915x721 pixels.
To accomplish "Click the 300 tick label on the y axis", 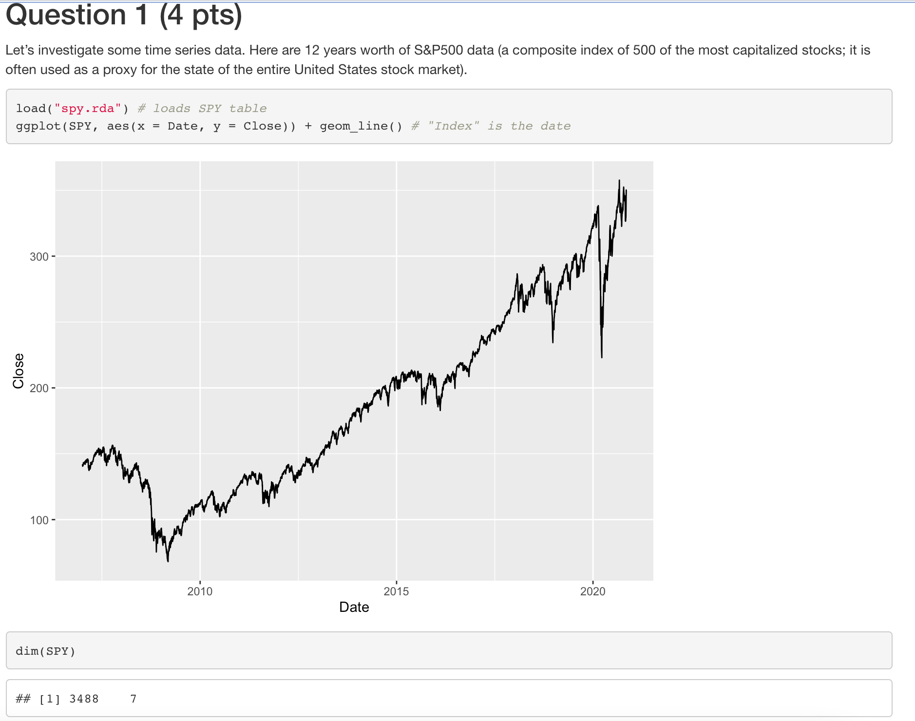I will coord(39,257).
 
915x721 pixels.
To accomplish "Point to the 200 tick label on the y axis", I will coord(39,389).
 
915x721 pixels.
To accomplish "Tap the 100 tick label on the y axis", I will coord(39,520).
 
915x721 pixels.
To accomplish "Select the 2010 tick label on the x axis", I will coord(200,591).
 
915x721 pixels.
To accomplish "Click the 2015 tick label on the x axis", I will coord(396,591).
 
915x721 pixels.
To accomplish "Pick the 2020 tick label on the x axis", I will coord(592,591).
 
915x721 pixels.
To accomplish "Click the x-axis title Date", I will coord(354,607).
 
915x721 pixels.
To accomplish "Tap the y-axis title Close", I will coord(19,371).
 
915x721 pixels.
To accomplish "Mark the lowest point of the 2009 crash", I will coord(168,561).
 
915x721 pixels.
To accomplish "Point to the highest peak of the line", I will coord(619,180).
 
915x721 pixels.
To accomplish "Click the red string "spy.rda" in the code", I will coord(88,108).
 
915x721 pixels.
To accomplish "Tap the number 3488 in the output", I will coord(84,699).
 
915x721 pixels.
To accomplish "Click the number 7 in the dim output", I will coord(133,699).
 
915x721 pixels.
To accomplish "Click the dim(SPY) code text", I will coord(45,651).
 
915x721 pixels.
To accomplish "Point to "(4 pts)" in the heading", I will coord(201,15).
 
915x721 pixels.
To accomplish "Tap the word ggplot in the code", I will coord(38,126).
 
